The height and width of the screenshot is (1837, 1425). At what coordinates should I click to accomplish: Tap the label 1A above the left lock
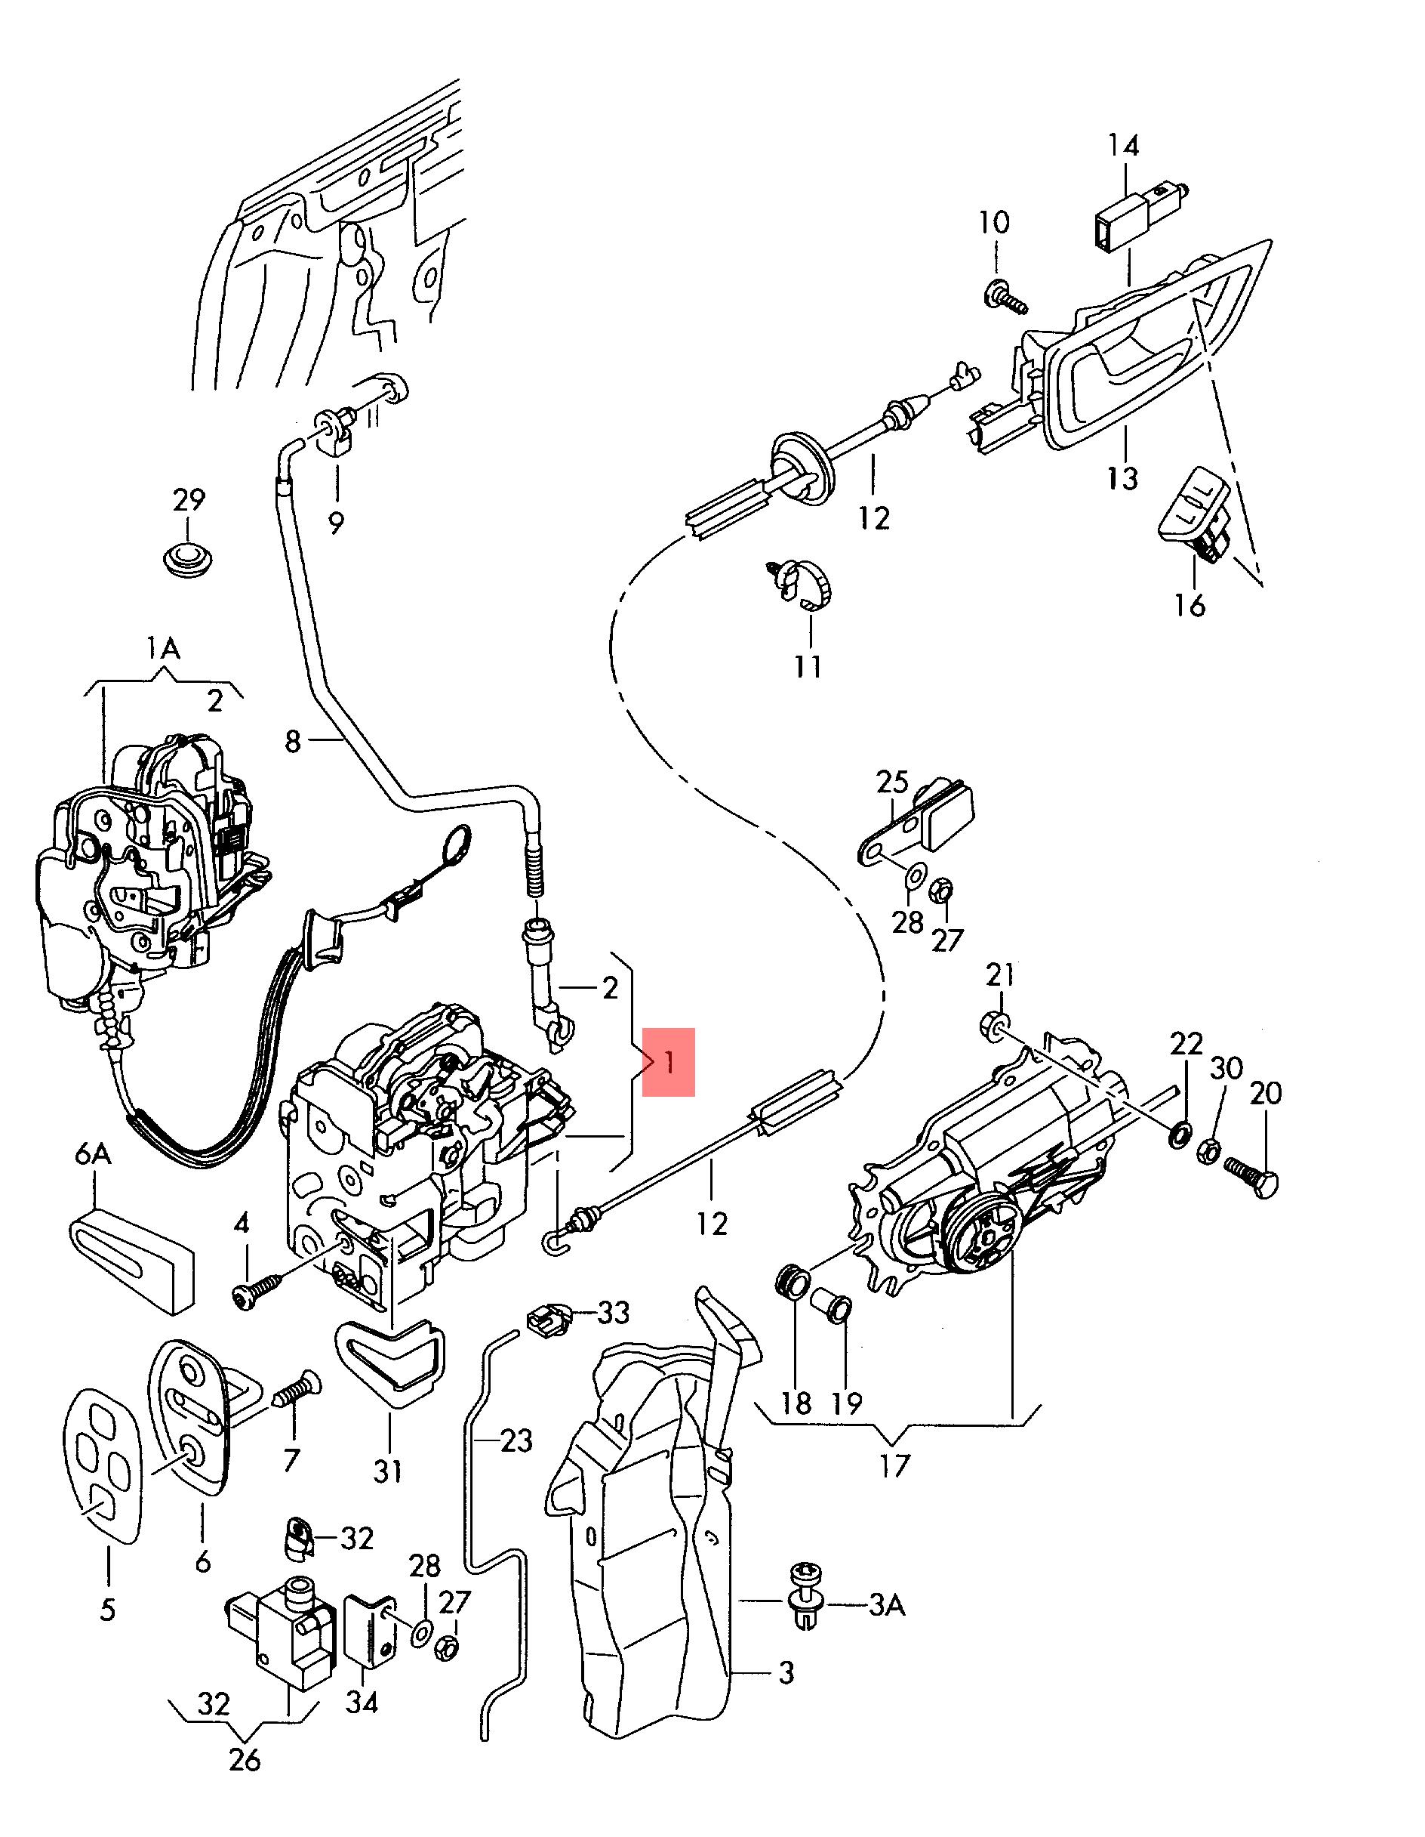(163, 649)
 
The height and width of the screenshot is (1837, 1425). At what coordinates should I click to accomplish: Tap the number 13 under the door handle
(1122, 477)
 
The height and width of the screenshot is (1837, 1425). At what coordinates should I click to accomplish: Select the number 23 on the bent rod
(516, 1441)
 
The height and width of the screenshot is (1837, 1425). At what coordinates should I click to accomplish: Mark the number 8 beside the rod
(293, 741)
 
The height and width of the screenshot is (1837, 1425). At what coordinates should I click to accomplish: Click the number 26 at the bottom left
(244, 1760)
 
